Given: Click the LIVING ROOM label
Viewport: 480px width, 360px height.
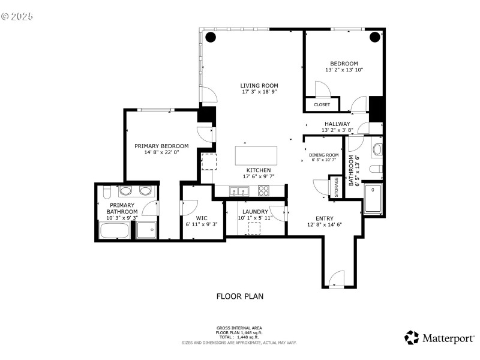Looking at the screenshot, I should point(259,85).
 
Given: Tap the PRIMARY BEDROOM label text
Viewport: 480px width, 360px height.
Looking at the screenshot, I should point(161,146).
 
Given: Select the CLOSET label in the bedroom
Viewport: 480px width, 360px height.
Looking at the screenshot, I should point(322,104).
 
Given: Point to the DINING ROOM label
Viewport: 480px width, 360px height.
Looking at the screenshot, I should point(324,155).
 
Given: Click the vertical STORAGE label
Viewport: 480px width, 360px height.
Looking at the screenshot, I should point(336,186).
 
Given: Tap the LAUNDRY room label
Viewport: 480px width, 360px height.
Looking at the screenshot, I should point(255,211).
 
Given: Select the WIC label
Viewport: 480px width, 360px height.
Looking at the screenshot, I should point(202,218).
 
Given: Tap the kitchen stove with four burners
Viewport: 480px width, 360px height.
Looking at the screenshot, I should point(264,191).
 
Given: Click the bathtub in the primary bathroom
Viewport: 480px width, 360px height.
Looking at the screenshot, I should point(114,230).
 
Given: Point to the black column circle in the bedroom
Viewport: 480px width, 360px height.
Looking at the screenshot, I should point(375,37).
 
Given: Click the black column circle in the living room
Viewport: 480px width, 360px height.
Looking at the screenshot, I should point(211,37).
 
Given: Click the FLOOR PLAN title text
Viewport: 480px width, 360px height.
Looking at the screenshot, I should point(239,296).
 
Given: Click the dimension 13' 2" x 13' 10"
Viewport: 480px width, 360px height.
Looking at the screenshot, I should point(344,70).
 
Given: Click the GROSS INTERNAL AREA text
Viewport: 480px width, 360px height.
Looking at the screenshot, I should point(239,328).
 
